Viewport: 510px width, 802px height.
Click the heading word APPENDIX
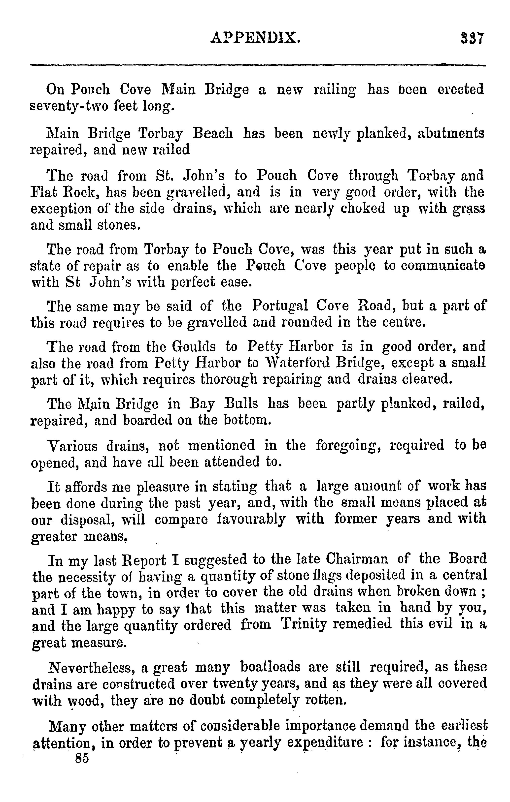(x=255, y=38)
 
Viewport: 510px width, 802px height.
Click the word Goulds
(x=193, y=347)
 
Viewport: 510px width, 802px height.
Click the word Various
(x=73, y=445)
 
